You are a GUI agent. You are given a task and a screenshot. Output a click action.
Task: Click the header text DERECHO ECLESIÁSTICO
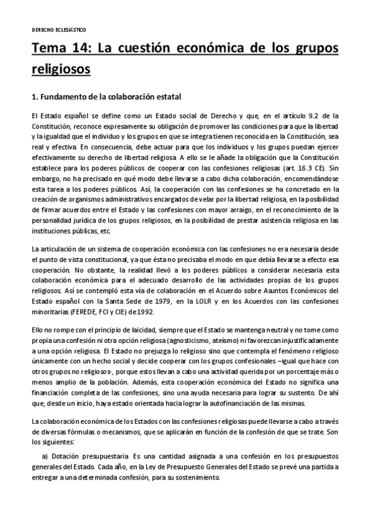click(x=59, y=29)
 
